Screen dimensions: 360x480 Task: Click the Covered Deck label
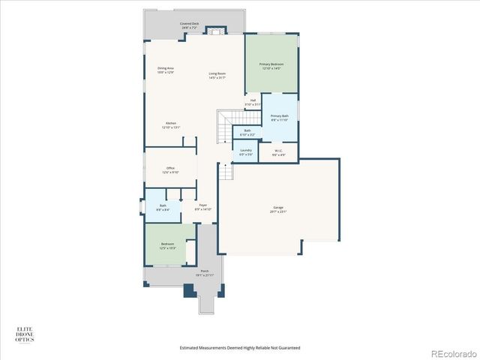click(x=189, y=25)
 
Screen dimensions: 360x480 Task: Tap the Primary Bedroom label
click(x=271, y=67)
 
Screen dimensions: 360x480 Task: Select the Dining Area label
click(x=166, y=70)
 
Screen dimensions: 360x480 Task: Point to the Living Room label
click(x=217, y=75)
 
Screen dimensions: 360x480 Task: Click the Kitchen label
click(x=171, y=125)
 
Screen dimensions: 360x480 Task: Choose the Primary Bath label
click(x=280, y=118)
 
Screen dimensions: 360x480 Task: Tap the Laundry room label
click(x=246, y=152)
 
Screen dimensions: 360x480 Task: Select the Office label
click(x=170, y=170)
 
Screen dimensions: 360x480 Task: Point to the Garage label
click(x=278, y=211)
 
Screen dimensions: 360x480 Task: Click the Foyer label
click(x=203, y=207)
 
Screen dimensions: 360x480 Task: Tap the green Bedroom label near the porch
click(x=167, y=245)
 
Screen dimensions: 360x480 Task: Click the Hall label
click(x=253, y=102)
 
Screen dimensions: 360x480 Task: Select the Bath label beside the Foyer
click(x=163, y=208)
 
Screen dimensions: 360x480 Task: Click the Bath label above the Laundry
click(x=247, y=133)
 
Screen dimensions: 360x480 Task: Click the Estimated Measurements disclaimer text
click(x=240, y=347)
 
